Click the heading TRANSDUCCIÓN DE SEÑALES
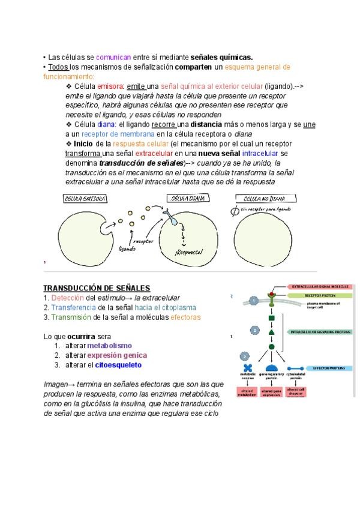point(97,288)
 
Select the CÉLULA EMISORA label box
point(86,199)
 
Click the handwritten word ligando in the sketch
point(127,248)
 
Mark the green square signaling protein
point(271,318)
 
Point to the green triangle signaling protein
point(271,332)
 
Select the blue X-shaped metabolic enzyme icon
point(248,369)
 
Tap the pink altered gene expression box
point(271,392)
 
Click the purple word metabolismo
point(109,346)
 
